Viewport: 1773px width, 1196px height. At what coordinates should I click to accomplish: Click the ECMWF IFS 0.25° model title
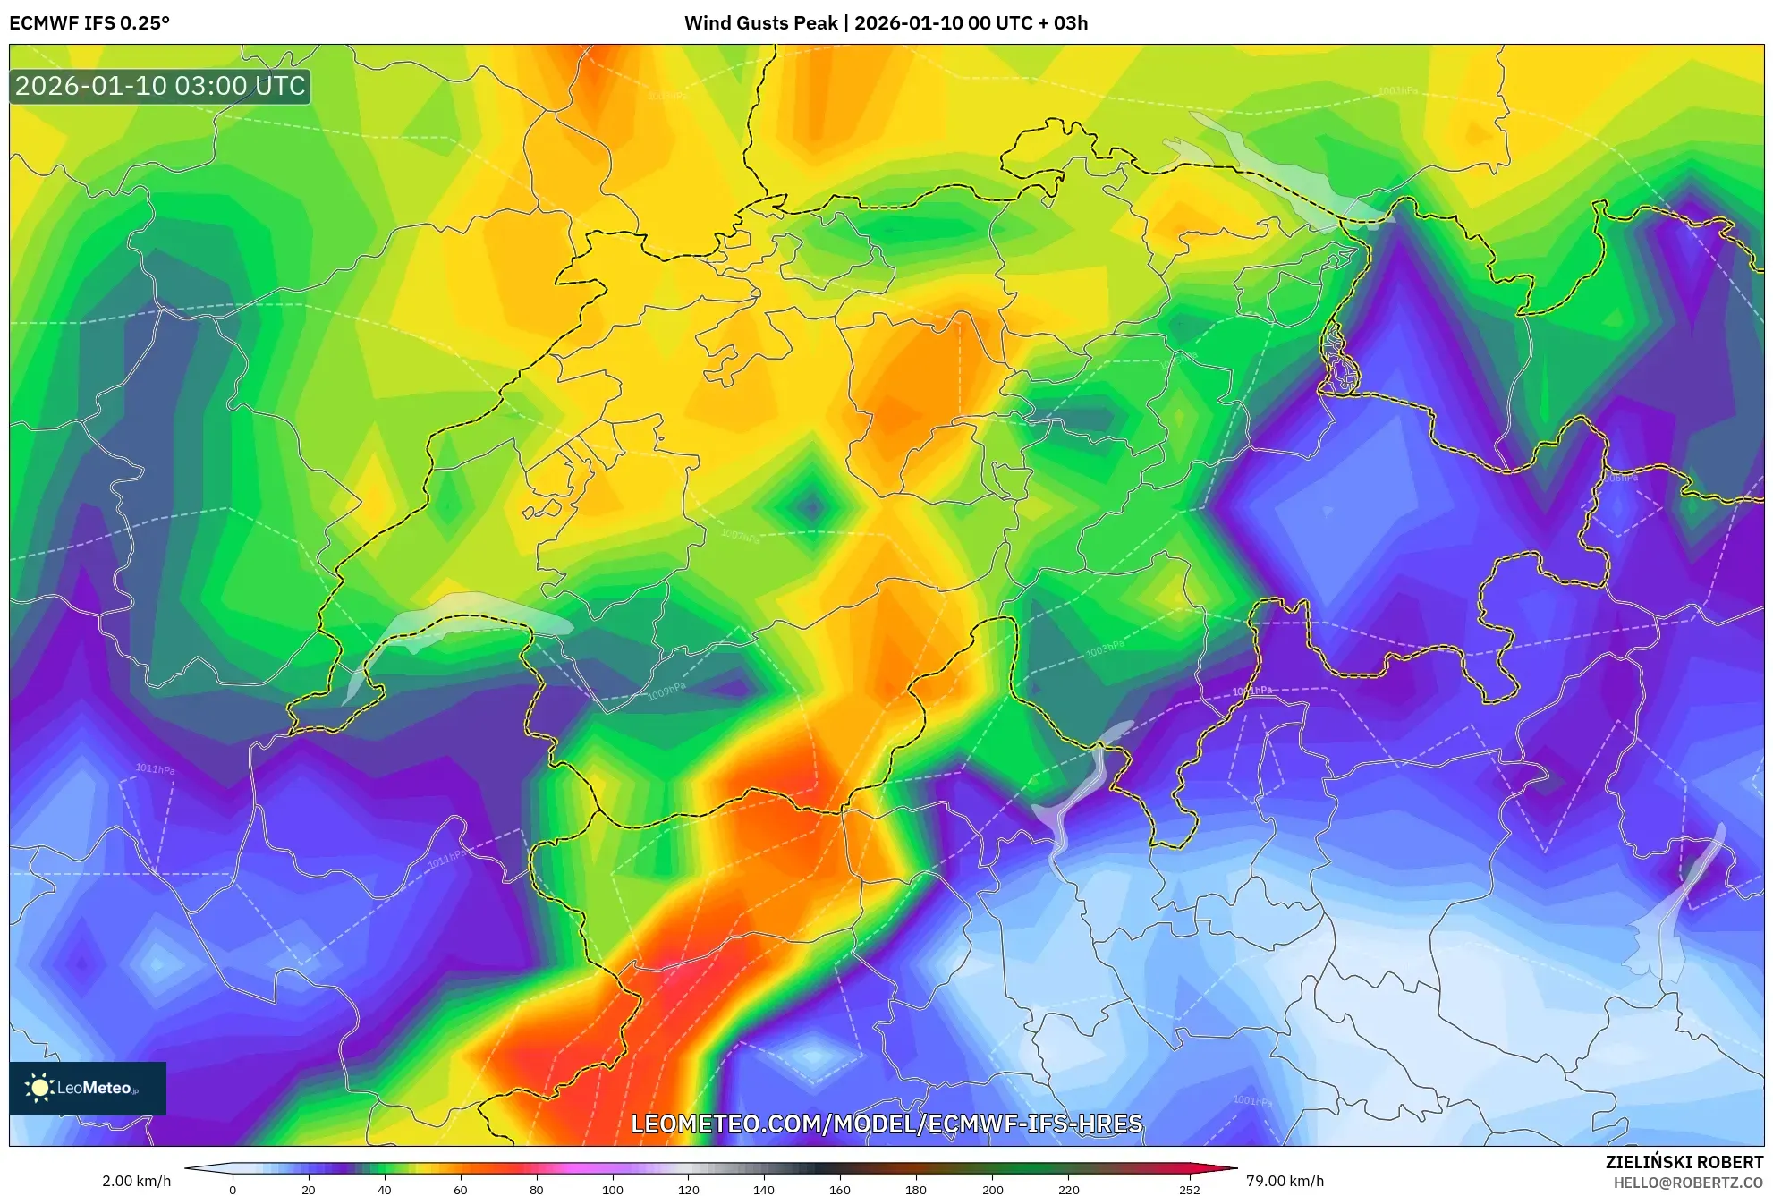[x=89, y=23]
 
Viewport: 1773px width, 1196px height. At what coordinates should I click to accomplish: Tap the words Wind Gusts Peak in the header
[x=760, y=23]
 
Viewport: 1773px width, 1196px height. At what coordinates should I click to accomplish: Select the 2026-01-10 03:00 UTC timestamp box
[x=160, y=86]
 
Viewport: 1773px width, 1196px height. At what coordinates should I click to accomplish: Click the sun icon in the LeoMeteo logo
[x=39, y=1088]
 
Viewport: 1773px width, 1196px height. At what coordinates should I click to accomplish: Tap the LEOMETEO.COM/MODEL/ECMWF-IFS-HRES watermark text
[x=886, y=1124]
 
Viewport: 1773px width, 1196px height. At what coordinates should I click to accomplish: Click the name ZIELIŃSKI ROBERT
[x=1684, y=1162]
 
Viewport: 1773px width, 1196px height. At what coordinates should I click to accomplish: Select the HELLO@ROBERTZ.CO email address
[x=1688, y=1183]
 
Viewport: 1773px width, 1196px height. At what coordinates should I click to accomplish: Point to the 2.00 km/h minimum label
[x=136, y=1181]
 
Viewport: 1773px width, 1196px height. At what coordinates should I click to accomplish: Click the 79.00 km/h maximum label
[x=1285, y=1181]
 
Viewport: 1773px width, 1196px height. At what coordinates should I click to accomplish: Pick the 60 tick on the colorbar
[x=460, y=1190]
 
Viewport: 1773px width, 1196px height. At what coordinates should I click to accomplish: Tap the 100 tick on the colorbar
[x=612, y=1190]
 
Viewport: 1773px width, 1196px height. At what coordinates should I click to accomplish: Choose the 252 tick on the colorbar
[x=1189, y=1190]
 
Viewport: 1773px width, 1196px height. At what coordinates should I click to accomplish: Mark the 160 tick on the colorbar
[x=839, y=1190]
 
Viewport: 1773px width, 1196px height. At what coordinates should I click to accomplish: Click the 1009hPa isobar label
[x=666, y=691]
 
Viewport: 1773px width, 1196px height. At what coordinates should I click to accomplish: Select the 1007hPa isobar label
[x=741, y=536]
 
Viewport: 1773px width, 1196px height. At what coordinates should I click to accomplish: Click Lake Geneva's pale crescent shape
[x=447, y=617]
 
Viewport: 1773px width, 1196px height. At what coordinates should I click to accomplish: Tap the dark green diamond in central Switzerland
[x=811, y=507]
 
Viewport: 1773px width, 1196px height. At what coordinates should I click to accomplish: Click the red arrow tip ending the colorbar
[x=1230, y=1168]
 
